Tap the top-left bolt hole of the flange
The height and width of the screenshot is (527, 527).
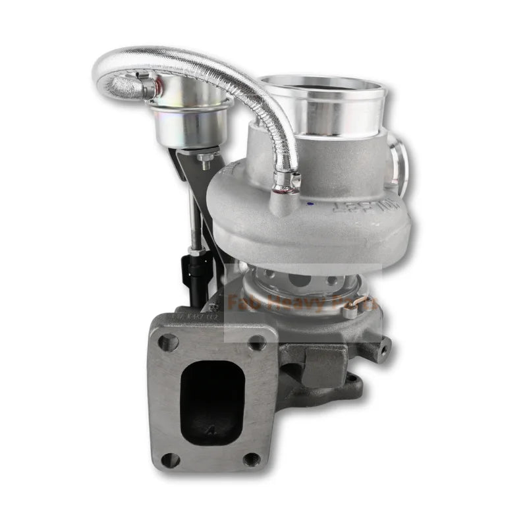pyautogui.click(x=169, y=341)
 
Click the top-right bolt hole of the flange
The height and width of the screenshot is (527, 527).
pyautogui.click(x=258, y=342)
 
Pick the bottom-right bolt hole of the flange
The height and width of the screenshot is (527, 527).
pyautogui.click(x=252, y=458)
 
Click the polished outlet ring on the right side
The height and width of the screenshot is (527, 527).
pyautogui.click(x=398, y=161)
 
